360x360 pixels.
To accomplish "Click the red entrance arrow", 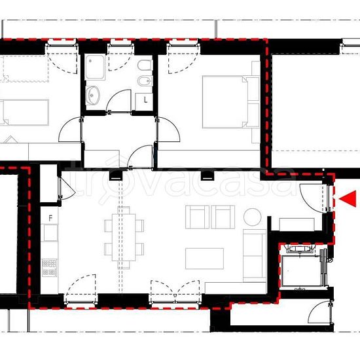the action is (x=348, y=199).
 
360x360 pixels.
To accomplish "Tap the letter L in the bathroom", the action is (x=145, y=100).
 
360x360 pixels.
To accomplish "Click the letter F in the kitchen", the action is (x=51, y=218).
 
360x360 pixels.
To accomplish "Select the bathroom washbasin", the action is (x=93, y=96).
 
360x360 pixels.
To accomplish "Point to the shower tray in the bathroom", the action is (x=95, y=67).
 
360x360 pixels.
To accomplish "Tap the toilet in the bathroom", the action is (x=145, y=65).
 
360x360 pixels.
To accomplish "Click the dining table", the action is (x=124, y=238).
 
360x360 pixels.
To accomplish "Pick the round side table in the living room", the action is (x=252, y=217).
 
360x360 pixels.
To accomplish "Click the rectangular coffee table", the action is (x=204, y=259).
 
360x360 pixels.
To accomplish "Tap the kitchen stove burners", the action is (x=49, y=268).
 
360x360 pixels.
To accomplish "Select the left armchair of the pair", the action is (x=197, y=217).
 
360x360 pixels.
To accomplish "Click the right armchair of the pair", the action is (x=223, y=217).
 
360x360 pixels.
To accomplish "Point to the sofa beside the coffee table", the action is (x=255, y=255).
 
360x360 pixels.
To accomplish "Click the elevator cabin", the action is (x=301, y=271).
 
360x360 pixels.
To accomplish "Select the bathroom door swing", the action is (x=118, y=101).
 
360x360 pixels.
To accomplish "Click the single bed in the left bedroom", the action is (x=24, y=113).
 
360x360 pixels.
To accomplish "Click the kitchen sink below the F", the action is (x=50, y=233).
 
